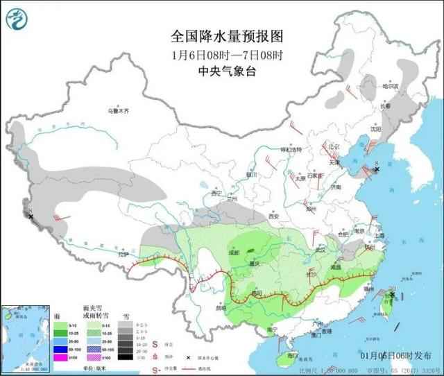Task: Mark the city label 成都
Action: (x=231, y=253)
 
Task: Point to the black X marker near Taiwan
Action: (x=393, y=295)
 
